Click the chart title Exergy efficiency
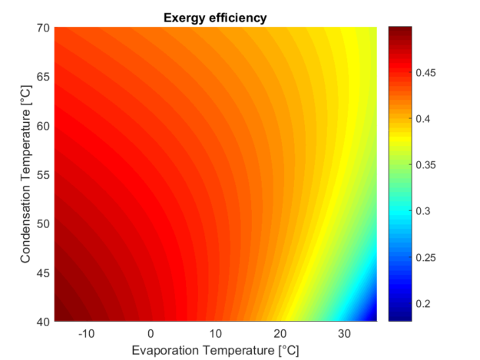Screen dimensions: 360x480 pos(215,18)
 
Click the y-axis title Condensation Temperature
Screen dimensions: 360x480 pos(26,174)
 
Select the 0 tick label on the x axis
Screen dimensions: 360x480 pos(151,334)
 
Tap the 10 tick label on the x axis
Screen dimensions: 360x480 pos(216,334)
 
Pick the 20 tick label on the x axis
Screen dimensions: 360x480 pos(280,334)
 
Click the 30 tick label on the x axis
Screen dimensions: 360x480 pos(345,334)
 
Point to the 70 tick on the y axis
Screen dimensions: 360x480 pos(43,28)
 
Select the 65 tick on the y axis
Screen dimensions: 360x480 pos(43,78)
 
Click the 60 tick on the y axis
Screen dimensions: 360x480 pos(43,126)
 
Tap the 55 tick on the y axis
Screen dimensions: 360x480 pos(43,175)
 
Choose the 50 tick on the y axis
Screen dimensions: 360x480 pos(43,223)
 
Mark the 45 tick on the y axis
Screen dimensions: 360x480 pos(43,272)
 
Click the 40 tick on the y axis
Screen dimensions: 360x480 pos(43,321)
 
